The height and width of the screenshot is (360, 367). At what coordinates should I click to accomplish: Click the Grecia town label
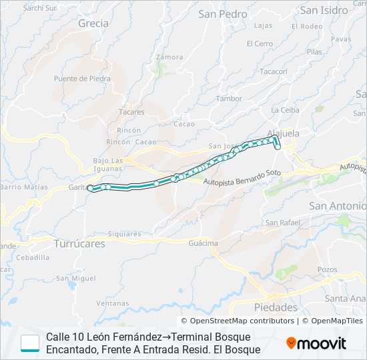tap(93, 23)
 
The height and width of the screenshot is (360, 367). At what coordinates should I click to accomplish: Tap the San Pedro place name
tap(223, 13)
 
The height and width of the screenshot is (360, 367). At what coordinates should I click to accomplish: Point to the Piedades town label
tap(276, 307)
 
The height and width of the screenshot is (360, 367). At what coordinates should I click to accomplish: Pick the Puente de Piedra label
tap(82, 78)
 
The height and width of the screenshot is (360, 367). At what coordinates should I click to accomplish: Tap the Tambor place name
tap(229, 99)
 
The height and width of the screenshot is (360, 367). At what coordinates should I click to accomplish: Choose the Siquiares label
tap(125, 234)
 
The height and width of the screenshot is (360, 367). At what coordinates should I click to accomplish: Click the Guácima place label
tap(203, 243)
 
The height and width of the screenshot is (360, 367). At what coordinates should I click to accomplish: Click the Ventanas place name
tap(112, 303)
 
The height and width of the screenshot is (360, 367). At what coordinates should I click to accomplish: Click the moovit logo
tap(316, 343)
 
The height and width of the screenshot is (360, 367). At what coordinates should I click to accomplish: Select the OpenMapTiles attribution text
tap(336, 321)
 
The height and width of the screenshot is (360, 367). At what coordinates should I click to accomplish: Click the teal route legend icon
tap(30, 343)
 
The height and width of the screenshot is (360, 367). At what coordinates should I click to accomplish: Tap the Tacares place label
tap(131, 112)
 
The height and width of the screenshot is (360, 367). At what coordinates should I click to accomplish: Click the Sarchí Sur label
tap(39, 8)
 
